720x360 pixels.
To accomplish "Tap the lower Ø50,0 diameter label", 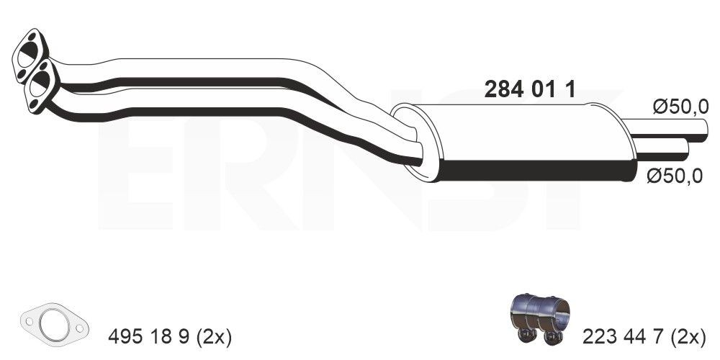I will [674, 176].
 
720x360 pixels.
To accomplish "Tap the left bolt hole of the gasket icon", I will [30, 318].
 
